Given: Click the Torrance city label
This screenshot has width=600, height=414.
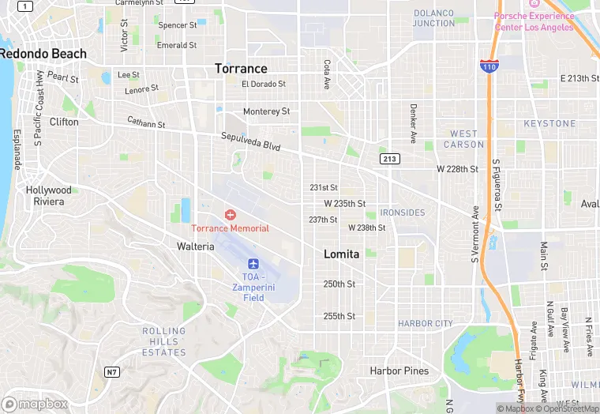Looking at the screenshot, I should pyautogui.click(x=241, y=69).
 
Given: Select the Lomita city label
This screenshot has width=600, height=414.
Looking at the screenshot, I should pyautogui.click(x=341, y=254).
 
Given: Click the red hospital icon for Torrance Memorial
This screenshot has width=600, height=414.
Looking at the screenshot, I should pyautogui.click(x=231, y=215).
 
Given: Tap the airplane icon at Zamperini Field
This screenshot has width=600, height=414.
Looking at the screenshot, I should pyautogui.click(x=253, y=264).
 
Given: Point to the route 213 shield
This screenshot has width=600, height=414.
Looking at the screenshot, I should pyautogui.click(x=389, y=159).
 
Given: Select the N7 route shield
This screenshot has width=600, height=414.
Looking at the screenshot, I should pyautogui.click(x=112, y=371).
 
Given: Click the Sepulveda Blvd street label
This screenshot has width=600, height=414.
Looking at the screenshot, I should pyautogui.click(x=250, y=141).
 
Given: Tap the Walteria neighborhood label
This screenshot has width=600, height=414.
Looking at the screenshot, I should pyautogui.click(x=195, y=247).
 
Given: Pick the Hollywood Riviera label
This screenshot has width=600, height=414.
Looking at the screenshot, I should pyautogui.click(x=48, y=196).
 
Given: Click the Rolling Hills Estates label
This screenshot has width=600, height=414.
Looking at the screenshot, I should pyautogui.click(x=164, y=341).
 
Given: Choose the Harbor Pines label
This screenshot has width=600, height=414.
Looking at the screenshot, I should pyautogui.click(x=399, y=371).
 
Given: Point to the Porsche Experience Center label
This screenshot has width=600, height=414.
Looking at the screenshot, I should pyautogui.click(x=534, y=21).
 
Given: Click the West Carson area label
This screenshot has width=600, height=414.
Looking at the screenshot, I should pyautogui.click(x=463, y=139).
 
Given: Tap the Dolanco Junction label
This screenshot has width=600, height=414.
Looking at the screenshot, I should pyautogui.click(x=433, y=17).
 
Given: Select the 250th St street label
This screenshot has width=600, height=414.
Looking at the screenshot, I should pyautogui.click(x=339, y=284).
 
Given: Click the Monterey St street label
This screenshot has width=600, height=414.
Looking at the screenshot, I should pyautogui.click(x=266, y=111).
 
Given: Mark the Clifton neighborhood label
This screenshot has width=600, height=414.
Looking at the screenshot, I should pyautogui.click(x=64, y=122).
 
